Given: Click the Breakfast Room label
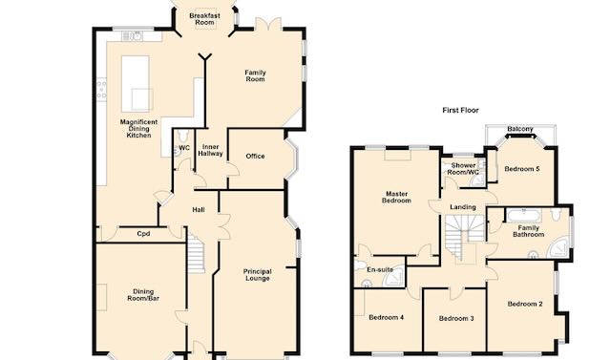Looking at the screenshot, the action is pos(204,19).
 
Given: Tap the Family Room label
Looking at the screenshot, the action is pos(255,75).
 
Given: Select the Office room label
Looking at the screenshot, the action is pos(255,157).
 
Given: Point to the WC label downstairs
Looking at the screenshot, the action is pos(184,148).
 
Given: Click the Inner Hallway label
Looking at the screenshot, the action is pos(210,150).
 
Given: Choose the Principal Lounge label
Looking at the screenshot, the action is pos(257,275).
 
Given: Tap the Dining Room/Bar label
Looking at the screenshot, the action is pos(143,295).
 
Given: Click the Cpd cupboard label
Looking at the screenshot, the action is pos(143,234).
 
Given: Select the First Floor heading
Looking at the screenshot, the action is pos(460,110).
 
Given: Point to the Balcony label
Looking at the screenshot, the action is pos(520,129).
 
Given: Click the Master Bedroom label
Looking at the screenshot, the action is pos(397,197).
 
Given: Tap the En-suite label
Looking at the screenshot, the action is pos(380,269).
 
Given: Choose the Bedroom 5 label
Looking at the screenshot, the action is pos(522,169).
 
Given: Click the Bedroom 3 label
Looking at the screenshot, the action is pos(456,319).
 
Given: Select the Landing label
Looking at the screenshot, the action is pos(463,207).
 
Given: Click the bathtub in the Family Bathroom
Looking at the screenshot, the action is pos(524,215).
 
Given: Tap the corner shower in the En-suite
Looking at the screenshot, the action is pos(393,277).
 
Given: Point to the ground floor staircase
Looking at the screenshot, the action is pos(196,252).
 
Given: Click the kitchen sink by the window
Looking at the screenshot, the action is pos(132,36).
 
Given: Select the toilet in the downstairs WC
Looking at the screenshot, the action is pos(183,136).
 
